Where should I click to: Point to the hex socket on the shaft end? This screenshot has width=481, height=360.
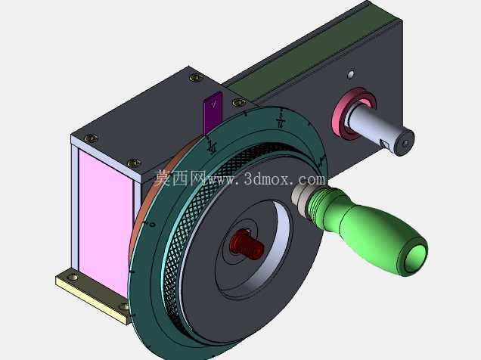click(x=406, y=143)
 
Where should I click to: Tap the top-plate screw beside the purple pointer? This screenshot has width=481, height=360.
click(x=239, y=102)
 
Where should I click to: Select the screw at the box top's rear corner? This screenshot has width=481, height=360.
click(x=196, y=78)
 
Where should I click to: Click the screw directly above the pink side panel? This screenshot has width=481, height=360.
click(x=91, y=138)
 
